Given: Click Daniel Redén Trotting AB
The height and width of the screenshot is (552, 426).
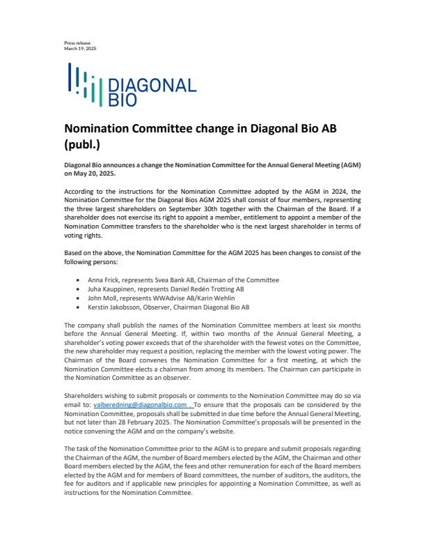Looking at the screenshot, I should (205, 289).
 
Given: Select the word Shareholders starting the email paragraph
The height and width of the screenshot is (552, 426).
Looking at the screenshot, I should (84, 395).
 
